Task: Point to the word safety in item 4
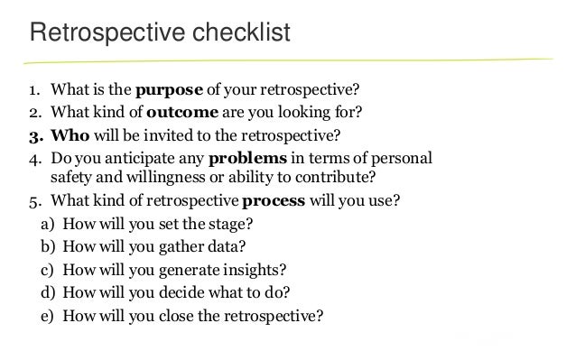click(76, 177)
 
